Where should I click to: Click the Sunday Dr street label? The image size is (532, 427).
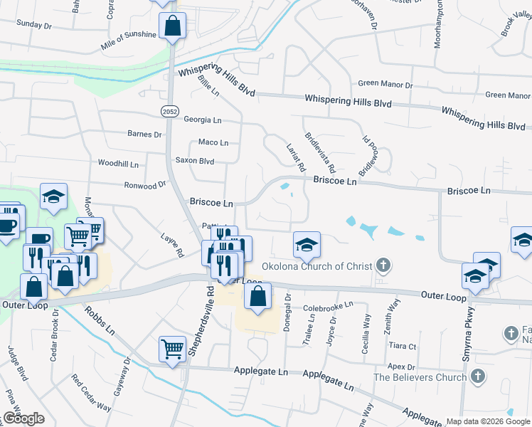pos(34,24)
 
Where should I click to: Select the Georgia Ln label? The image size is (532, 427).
pos(203,120)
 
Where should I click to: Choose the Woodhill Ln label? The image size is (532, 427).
pos(118,164)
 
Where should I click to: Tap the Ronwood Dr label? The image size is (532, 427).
pos(144,184)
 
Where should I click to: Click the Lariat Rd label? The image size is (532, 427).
pos(296,158)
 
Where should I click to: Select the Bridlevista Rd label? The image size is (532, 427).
pos(319,151)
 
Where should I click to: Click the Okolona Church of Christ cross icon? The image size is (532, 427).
pos(383,267)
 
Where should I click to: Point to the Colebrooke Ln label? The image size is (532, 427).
pos(328,307)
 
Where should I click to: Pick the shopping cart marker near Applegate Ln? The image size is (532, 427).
pos(172,349)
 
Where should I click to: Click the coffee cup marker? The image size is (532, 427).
pos(7,226)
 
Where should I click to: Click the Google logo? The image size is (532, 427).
pos(23,418)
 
